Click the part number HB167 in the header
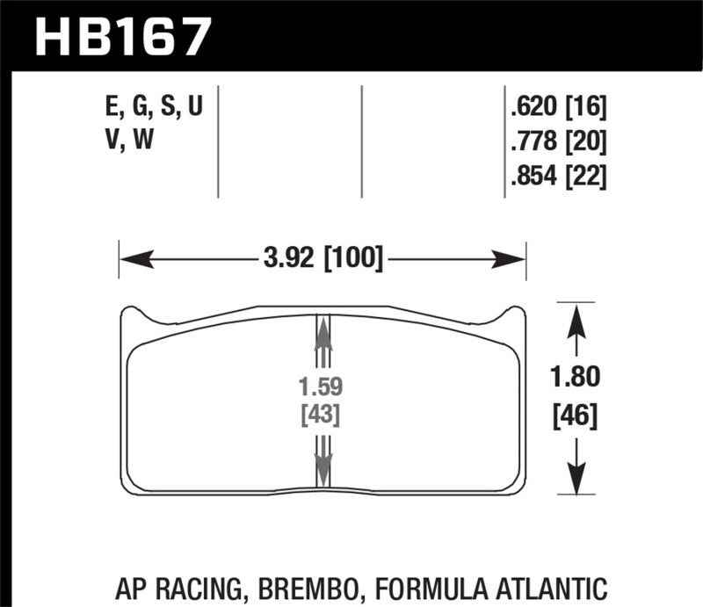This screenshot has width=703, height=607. point(123,36)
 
